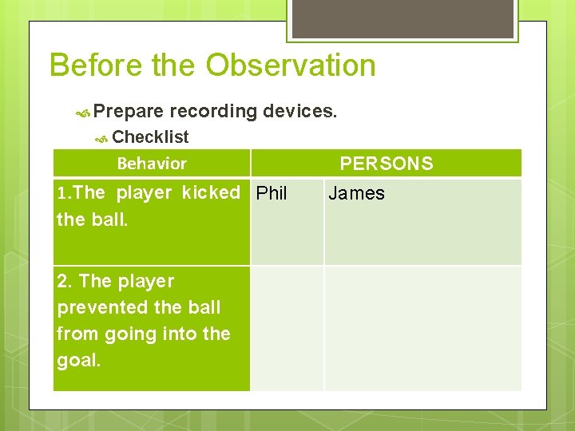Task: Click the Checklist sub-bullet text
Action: (x=151, y=137)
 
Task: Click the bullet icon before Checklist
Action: (x=101, y=139)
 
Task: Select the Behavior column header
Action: (x=152, y=164)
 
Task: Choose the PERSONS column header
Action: (x=387, y=164)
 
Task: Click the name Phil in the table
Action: (x=272, y=193)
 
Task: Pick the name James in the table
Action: (x=356, y=193)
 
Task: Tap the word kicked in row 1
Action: (x=211, y=193)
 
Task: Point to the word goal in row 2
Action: (x=77, y=360)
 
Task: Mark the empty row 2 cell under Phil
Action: (x=287, y=328)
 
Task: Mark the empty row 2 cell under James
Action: (x=422, y=328)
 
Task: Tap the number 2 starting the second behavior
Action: (x=62, y=281)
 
